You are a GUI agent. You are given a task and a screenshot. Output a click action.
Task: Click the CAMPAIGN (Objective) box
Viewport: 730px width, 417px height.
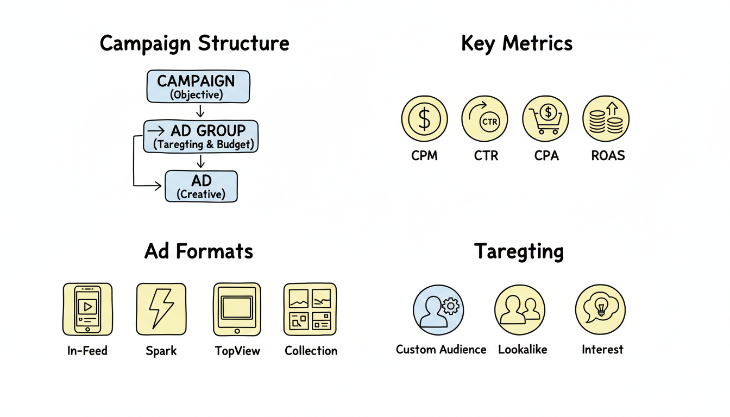tap(198, 86)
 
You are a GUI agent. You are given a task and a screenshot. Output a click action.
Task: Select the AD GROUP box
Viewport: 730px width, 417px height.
tap(200, 137)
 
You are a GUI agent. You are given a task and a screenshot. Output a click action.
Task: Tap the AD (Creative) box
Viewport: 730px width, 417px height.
tap(201, 186)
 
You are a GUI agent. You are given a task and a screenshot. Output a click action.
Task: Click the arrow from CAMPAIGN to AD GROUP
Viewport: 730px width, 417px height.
tap(200, 111)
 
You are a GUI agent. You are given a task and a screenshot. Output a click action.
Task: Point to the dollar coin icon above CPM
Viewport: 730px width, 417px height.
tap(424, 119)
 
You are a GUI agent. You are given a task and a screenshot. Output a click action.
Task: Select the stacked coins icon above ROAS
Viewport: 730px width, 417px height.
tap(606, 119)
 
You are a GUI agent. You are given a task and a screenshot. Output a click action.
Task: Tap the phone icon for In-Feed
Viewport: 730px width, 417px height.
tap(87, 309)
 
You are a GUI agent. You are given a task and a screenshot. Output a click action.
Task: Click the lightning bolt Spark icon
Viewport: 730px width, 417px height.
tap(161, 309)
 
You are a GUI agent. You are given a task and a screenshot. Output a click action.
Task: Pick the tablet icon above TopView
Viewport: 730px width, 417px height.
tap(237, 309)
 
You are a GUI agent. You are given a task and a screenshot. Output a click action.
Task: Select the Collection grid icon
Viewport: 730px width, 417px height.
tap(310, 309)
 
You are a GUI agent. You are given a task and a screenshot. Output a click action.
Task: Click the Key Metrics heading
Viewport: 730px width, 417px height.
tap(517, 43)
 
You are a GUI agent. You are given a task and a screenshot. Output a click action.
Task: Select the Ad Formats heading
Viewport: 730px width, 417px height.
tap(199, 251)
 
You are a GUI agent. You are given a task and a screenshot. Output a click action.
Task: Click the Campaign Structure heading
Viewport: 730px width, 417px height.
tap(194, 44)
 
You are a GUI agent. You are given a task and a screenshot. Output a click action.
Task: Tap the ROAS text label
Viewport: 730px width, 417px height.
tap(608, 156)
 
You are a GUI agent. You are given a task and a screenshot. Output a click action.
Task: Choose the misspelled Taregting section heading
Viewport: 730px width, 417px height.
tap(519, 252)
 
